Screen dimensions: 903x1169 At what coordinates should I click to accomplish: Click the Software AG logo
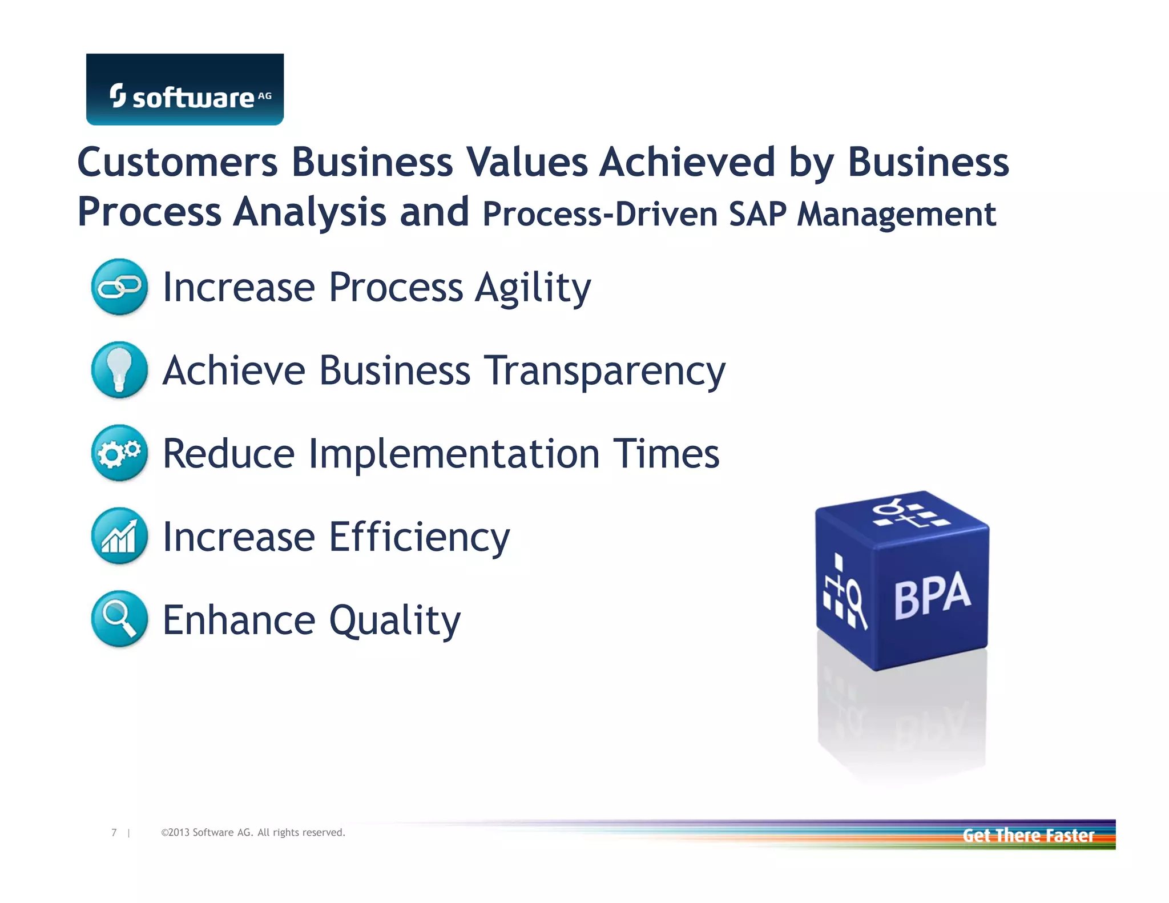184,90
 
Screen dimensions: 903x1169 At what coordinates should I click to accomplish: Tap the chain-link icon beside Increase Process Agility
119,287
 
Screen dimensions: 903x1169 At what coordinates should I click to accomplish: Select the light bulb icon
119,369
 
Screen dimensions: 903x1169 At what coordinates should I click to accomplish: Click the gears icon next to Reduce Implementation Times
119,453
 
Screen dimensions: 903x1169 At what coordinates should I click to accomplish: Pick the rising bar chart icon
119,535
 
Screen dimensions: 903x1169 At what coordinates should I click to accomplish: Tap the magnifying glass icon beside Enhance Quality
119,618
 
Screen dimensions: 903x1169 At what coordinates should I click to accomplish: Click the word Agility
533,288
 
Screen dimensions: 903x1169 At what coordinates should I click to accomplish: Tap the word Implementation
454,454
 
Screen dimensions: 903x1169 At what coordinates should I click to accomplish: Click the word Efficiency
420,538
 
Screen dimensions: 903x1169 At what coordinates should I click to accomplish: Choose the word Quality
394,621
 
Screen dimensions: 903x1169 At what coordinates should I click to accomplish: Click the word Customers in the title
178,162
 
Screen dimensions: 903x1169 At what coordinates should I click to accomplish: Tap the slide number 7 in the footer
114,832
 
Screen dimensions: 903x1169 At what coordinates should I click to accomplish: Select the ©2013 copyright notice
253,832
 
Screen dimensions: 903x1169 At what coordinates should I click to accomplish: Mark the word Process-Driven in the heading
600,214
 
